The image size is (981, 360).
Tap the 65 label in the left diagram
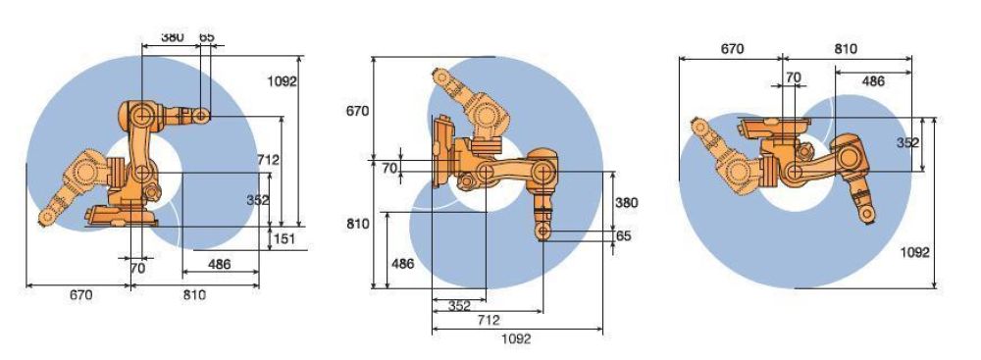pyautogui.click(x=206, y=37)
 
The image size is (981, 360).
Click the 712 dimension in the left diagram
pyautogui.click(x=266, y=159)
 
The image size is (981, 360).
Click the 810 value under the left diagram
pyautogui.click(x=193, y=296)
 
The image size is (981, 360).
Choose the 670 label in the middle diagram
pyautogui.click(x=357, y=111)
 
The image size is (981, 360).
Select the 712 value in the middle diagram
pyautogui.click(x=488, y=321)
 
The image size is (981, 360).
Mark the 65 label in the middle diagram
pyautogui.click(x=625, y=236)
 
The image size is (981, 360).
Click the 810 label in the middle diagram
pyautogui.click(x=357, y=224)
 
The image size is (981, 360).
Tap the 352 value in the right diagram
pyautogui.click(x=907, y=142)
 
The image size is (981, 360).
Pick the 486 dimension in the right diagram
pyautogui.click(x=874, y=81)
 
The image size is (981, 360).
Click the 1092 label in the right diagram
pyautogui.click(x=916, y=252)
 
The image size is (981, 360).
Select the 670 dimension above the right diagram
pyautogui.click(x=731, y=49)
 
